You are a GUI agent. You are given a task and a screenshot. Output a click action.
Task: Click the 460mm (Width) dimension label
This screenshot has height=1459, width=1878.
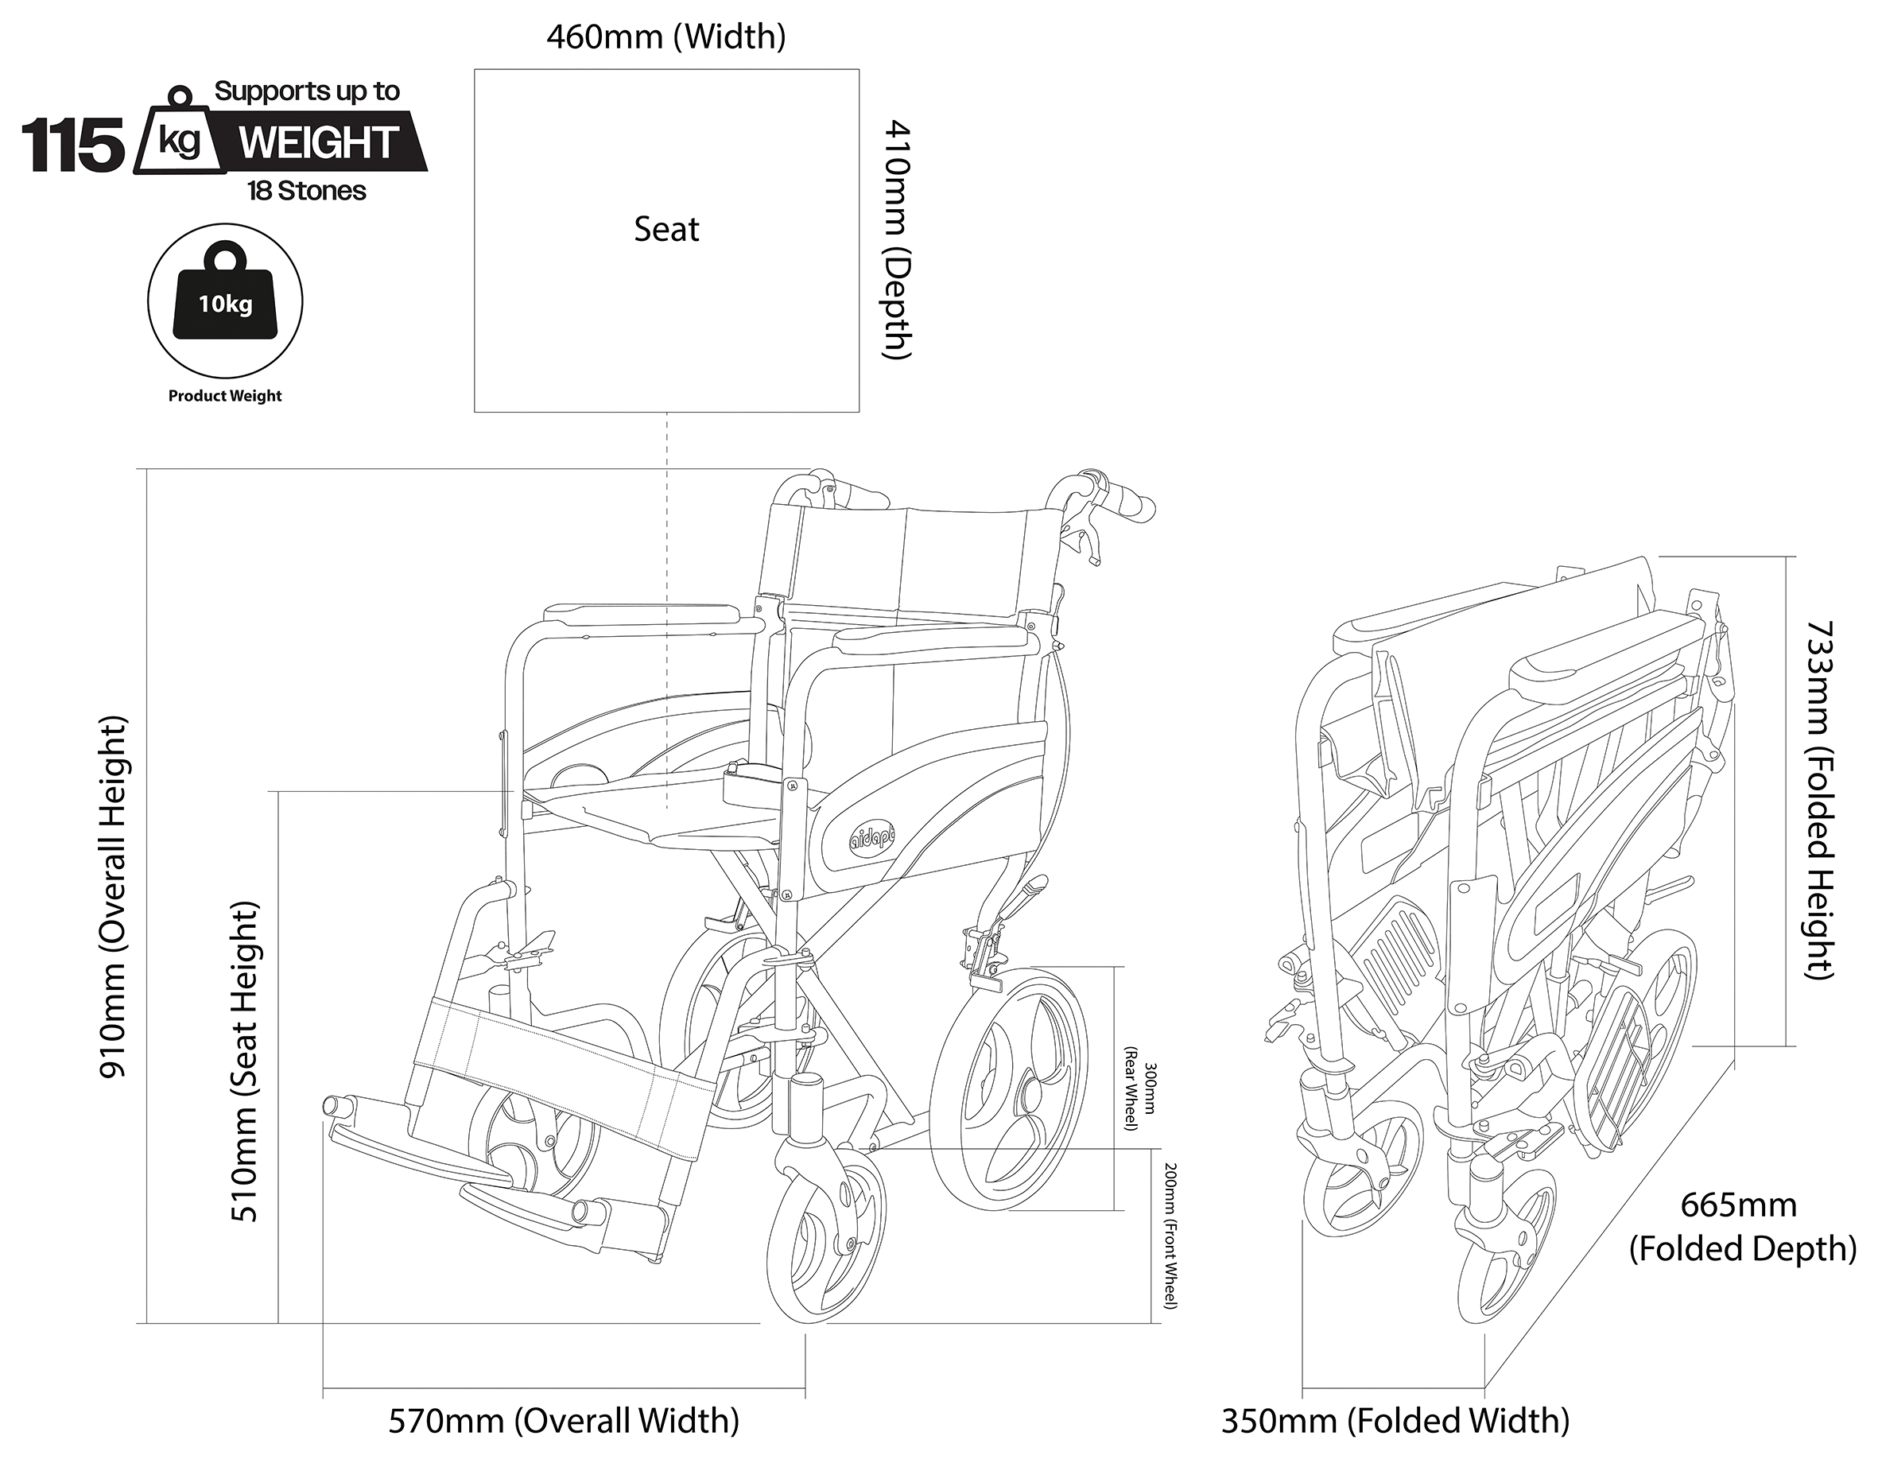pos(665,37)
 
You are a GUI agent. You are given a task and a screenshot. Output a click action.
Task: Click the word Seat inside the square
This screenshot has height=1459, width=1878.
pos(666,230)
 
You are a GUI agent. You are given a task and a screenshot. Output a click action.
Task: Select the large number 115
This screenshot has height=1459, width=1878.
pos(73,146)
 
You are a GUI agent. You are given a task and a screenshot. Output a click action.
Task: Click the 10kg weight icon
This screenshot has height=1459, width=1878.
pos(225,297)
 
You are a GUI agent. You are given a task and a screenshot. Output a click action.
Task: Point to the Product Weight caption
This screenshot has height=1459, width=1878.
pos(225,396)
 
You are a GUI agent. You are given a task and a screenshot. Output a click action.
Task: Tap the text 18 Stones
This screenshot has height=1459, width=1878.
pos(307,191)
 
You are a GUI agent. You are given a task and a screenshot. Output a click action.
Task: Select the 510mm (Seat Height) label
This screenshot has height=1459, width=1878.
pos(245,1061)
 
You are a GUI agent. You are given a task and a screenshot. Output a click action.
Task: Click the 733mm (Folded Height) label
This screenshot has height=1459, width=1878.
pos(1818,800)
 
